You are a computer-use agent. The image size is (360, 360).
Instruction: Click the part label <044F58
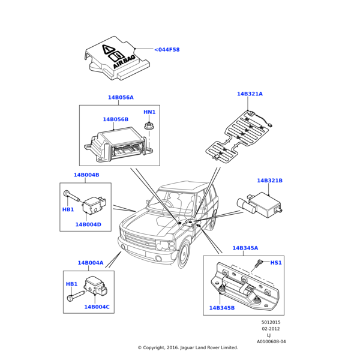pos(167,50)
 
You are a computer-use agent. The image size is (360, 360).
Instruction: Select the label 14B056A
pos(121,97)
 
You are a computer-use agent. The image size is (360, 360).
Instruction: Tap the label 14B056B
pos(115,119)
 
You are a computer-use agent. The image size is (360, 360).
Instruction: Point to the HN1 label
pos(149,112)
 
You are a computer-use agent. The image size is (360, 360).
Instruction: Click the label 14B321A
pos(250,94)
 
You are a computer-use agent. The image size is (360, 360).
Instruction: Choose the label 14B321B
pos(269,181)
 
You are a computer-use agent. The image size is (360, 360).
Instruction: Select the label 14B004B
pos(86,175)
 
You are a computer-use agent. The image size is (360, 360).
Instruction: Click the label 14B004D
pos(88,225)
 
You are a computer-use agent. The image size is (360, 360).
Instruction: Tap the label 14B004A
pos(90,263)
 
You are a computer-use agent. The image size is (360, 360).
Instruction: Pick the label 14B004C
pos(97,307)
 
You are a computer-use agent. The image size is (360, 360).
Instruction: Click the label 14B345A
pos(245,248)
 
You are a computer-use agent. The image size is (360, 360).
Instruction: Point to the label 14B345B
pos(222,308)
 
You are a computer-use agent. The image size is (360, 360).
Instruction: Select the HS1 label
pos(276,263)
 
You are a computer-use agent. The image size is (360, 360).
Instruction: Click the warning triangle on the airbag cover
pos(107,50)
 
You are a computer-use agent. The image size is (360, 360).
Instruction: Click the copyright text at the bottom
pos(188,347)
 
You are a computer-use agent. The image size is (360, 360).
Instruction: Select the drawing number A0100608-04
pos(271,341)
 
